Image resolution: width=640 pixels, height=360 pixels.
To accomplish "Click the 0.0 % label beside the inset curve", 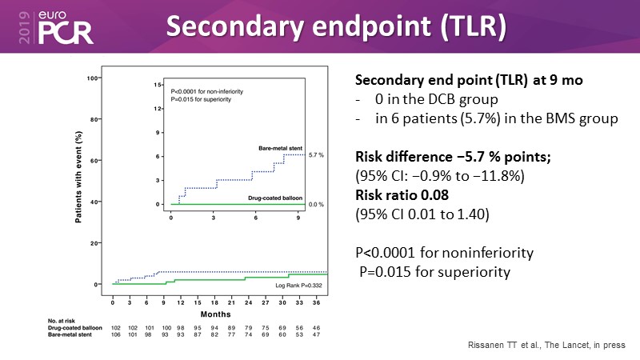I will coord(316,205).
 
